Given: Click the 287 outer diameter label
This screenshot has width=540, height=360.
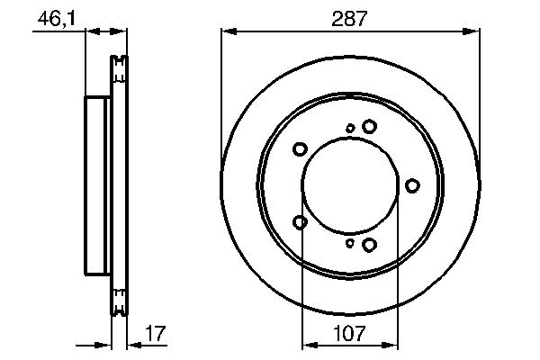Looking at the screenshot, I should coord(349,18).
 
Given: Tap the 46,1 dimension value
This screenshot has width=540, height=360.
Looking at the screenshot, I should coord(55,18).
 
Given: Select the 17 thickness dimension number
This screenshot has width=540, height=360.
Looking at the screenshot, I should coord(155,334).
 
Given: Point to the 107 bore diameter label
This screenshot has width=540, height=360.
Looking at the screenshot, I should coord(349,334).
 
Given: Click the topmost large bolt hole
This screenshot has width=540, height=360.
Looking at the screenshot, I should coord(369,128).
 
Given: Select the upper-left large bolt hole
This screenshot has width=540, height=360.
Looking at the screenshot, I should coord(301,149).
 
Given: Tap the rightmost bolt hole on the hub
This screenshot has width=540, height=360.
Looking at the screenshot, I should coord(412,185).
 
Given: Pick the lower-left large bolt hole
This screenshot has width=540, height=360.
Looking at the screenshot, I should coord(301,221).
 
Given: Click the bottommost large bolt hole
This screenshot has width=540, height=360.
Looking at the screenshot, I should coord(369,243).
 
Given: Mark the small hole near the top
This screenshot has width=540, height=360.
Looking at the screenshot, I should coord(350,129).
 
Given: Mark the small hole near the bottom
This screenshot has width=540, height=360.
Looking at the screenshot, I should coord(350,242).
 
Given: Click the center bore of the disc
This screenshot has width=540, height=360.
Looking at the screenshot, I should coord(349,185).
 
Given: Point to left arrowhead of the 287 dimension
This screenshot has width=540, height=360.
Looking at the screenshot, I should coord(227,32).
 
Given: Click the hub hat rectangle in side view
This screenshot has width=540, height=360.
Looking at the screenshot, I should coord(97,185).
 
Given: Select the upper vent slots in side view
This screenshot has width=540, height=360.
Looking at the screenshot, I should coord(118,72).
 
